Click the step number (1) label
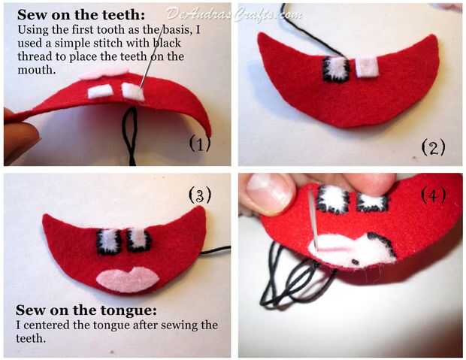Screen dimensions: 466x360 (200, 144)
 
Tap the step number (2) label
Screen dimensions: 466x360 (434, 147)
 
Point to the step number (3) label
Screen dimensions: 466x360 (200, 195)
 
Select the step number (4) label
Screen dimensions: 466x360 (434, 195)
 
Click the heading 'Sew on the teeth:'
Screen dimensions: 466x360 (81, 14)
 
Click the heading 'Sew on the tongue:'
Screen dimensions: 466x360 (86, 310)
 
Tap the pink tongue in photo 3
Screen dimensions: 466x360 (128, 279)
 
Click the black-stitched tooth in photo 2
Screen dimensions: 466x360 (336, 69)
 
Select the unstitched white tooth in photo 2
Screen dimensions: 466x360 (367, 67)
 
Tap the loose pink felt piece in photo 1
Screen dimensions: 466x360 (104, 73)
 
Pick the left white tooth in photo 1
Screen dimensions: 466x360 (99, 91)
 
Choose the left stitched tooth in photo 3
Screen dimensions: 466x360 (109, 242)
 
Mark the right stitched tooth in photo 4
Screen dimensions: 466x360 (372, 202)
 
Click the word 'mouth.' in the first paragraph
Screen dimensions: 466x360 (37, 70)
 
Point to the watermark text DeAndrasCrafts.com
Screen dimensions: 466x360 (234, 14)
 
